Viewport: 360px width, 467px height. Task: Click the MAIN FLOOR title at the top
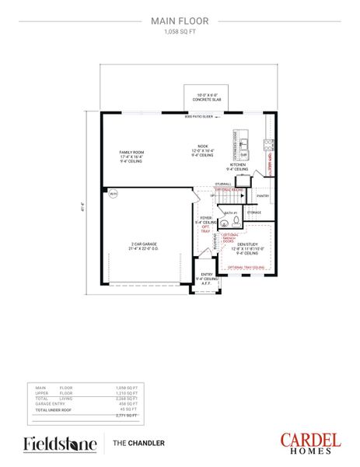point(180,23)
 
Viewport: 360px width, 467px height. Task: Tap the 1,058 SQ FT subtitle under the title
point(180,33)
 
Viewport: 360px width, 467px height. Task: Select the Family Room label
point(131,156)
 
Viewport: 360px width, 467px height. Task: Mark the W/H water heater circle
point(112,193)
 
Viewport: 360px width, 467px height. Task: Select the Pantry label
point(262,195)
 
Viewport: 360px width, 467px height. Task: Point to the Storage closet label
point(255,212)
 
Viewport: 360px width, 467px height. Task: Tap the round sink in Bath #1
point(225,222)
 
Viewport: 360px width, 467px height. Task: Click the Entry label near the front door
point(206,276)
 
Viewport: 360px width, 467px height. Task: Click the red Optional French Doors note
point(230,237)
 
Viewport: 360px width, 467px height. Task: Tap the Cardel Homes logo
point(310,443)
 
